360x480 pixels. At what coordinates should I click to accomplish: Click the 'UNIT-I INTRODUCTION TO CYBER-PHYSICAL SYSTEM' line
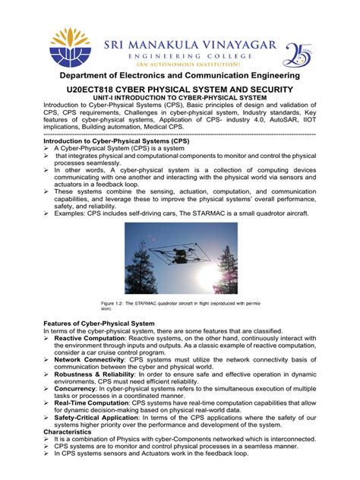[180, 99]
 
